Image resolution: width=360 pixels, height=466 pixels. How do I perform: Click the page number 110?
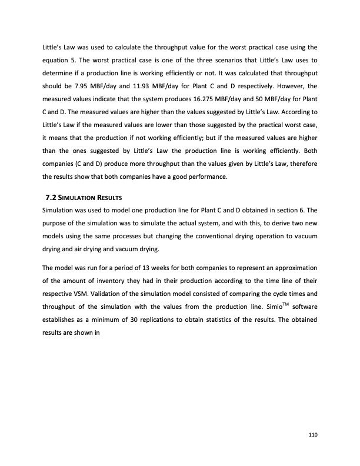click(313, 434)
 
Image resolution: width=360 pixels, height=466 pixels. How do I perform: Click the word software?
click(304, 293)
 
